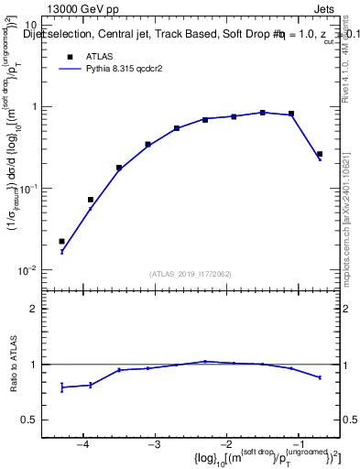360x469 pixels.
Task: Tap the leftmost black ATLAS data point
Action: [62, 242]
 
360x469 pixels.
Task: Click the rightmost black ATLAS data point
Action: [319, 154]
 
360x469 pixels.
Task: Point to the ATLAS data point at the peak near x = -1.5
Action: [263, 113]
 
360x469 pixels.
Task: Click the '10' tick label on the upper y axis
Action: [30, 25]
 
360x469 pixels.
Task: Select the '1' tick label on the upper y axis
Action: [34, 106]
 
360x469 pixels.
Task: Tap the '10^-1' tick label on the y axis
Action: [28, 188]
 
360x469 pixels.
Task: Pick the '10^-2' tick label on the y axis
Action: [28, 269]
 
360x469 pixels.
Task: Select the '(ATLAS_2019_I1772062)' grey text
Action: [191, 273]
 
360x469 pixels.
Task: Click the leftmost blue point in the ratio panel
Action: [62, 387]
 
